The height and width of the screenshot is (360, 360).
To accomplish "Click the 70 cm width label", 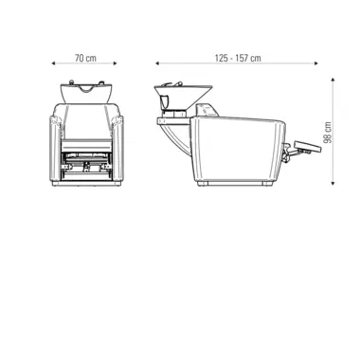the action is (x=85, y=58).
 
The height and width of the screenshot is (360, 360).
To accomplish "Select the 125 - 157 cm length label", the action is (x=238, y=58).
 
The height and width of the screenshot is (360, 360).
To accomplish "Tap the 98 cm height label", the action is (x=328, y=133).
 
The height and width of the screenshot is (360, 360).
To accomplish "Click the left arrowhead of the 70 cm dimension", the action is (x=53, y=63).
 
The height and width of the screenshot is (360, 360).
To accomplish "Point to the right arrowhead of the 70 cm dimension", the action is (x=116, y=63).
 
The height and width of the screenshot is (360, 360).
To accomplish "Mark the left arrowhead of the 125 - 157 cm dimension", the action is (x=157, y=63).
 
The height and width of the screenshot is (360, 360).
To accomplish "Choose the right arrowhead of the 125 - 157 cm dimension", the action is (x=316, y=63).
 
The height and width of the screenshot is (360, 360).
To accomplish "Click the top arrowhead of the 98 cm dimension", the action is (x=333, y=80).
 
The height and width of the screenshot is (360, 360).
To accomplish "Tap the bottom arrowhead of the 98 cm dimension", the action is (x=333, y=183).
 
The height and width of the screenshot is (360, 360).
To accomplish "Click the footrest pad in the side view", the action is (x=306, y=147).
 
